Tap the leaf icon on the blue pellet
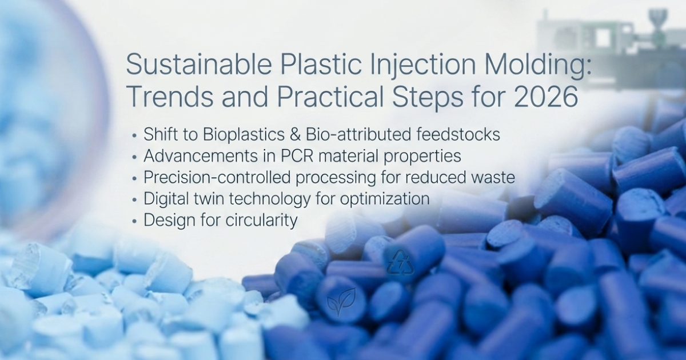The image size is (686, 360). pos(341,302)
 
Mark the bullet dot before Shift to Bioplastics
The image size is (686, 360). pos(134,135)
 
